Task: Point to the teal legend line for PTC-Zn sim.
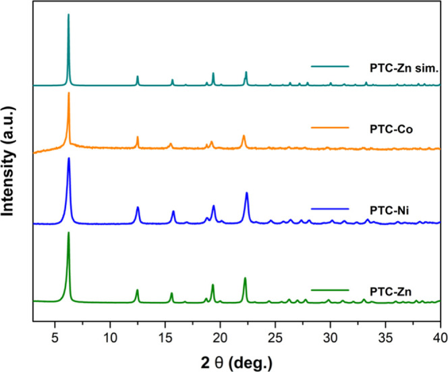[x=330, y=67]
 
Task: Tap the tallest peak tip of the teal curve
[x=68, y=14]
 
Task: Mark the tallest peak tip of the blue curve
[x=69, y=158]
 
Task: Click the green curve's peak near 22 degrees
[x=245, y=278]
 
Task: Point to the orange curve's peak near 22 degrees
[x=244, y=135]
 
